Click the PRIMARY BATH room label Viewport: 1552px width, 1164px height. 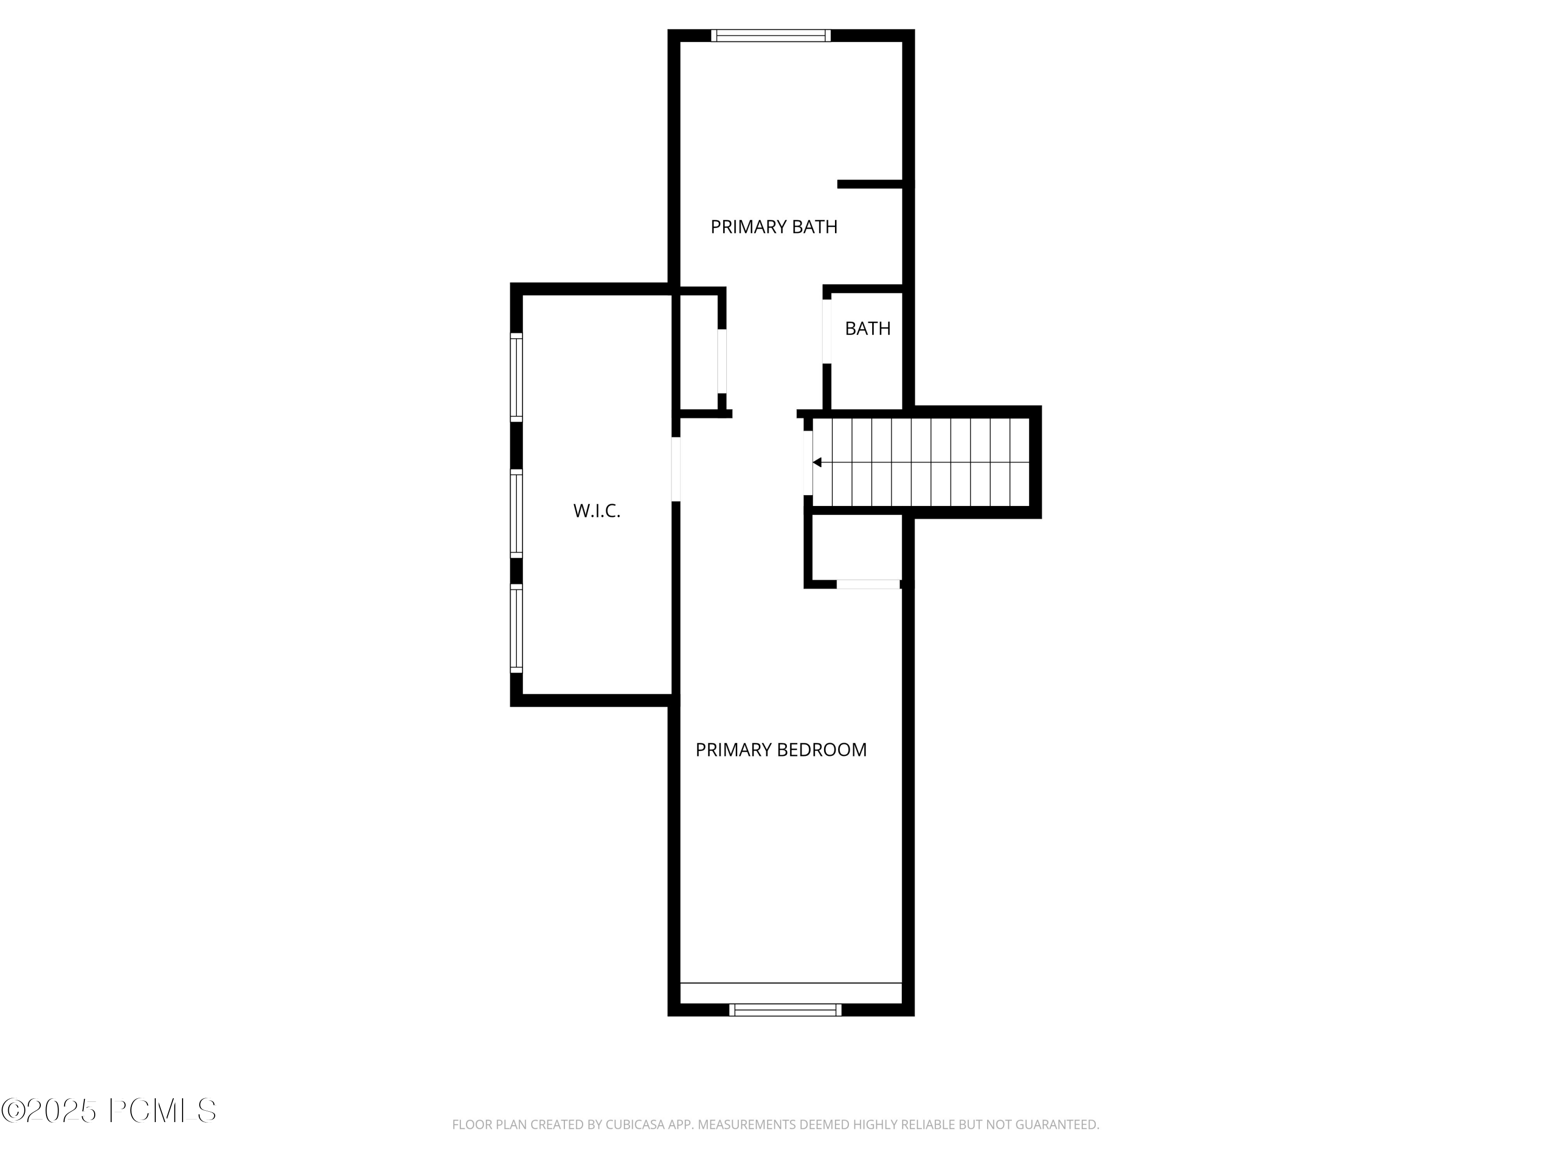click(773, 227)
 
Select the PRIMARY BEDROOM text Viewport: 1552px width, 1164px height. click(780, 750)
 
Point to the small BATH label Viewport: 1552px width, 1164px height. click(867, 329)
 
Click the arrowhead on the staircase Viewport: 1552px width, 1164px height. click(817, 462)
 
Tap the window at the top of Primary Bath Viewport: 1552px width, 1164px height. click(770, 36)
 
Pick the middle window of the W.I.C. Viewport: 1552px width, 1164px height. click(516, 514)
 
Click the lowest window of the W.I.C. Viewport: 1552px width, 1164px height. click(516, 629)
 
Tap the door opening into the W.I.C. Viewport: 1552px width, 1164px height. click(676, 469)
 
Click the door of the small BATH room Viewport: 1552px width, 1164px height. click(827, 331)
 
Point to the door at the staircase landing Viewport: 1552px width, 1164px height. click(808, 462)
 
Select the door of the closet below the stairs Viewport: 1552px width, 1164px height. click(868, 584)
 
